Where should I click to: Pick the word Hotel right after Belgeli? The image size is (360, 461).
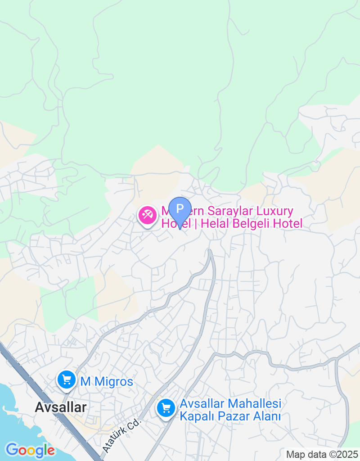point(287,223)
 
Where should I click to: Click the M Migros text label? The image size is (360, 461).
point(107,382)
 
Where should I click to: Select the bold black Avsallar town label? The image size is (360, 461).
point(60,407)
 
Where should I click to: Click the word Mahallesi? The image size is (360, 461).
point(255,403)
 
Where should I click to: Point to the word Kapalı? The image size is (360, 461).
point(194,416)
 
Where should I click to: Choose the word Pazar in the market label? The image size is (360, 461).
point(229,416)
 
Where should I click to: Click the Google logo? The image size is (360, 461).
point(30,450)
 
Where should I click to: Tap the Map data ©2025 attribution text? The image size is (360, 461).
point(322,454)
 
